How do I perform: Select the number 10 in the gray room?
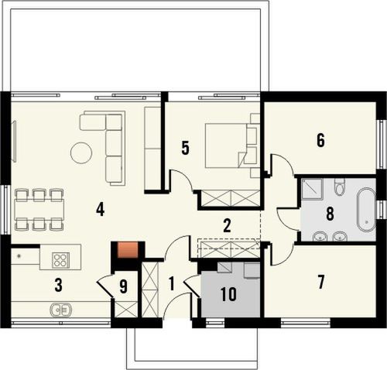(x=228, y=294)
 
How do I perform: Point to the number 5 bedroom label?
(x=185, y=148)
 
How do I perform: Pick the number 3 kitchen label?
(x=58, y=285)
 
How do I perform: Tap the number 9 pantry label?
(x=124, y=286)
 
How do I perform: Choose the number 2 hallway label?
(x=227, y=226)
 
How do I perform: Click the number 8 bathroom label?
(x=330, y=214)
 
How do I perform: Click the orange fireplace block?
(x=126, y=250)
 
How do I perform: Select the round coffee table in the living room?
(x=81, y=153)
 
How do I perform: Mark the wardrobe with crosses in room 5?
(x=230, y=198)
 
